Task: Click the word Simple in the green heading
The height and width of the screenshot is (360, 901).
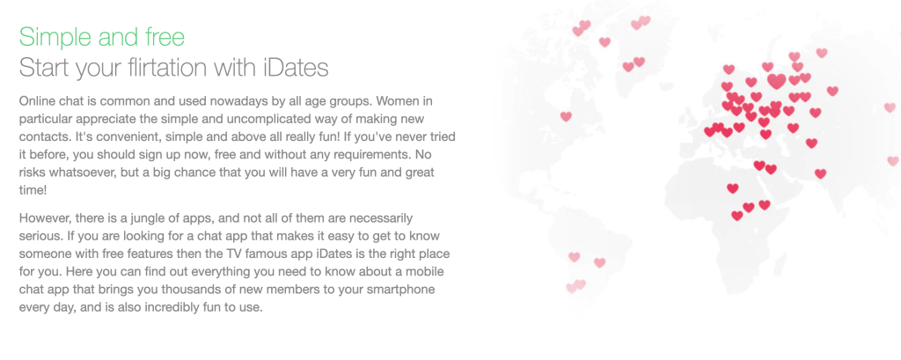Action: (55, 37)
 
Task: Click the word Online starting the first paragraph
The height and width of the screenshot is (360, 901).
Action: (35, 102)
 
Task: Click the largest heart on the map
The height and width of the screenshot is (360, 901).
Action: (776, 80)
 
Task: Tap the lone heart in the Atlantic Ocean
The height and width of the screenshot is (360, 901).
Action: (566, 116)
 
